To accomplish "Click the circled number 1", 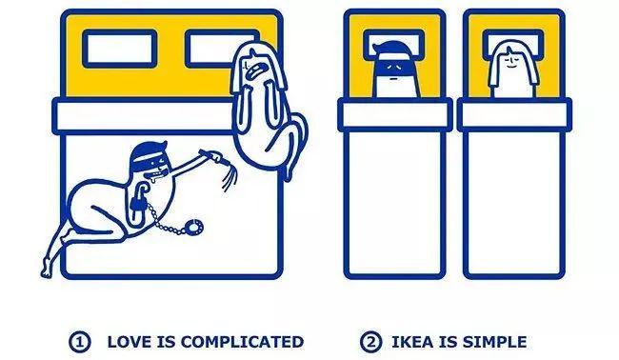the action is [x=80, y=342].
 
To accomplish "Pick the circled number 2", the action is [x=370, y=342].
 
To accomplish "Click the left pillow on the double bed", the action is [x=120, y=49].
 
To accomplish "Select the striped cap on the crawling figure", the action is [x=145, y=153].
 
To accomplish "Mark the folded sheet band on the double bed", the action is [x=142, y=116].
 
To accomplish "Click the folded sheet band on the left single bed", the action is [x=395, y=115].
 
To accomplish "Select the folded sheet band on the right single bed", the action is [x=514, y=115].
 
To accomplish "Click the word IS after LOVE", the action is [x=167, y=342].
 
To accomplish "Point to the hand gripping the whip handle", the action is [x=214, y=156].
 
